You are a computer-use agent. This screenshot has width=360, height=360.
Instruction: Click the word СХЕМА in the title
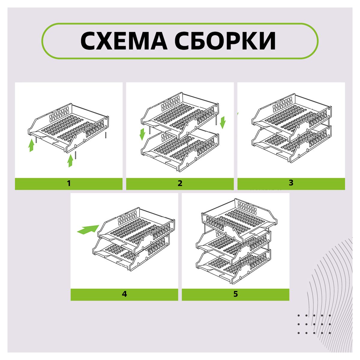124,41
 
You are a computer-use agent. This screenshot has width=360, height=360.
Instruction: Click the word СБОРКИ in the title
225,41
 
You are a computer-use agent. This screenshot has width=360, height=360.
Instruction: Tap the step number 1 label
69,183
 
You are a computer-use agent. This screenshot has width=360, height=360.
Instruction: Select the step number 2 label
180,183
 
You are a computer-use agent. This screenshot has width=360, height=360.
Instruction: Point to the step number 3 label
291,183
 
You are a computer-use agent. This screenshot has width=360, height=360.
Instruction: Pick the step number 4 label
124,294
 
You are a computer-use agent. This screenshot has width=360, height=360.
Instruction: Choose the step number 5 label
235,294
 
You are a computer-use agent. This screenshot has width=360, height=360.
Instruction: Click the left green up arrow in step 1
31,145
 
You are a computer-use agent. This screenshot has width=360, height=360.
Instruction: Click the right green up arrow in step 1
70,160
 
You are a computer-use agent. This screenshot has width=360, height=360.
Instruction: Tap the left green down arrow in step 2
142,134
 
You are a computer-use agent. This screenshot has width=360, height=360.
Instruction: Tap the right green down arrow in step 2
223,122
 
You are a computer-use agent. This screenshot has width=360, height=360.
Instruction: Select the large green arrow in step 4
88,229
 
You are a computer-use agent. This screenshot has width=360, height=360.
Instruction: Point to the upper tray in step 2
180,116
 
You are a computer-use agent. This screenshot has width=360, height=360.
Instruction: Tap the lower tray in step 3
291,144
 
